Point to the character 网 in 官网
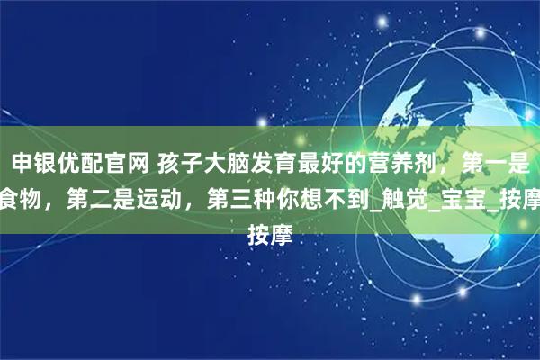(x=133, y=166)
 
